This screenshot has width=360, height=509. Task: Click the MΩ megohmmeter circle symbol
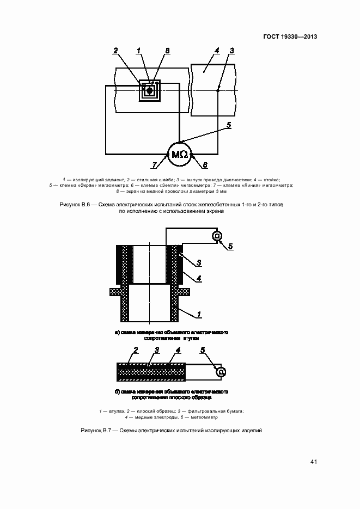tap(179, 155)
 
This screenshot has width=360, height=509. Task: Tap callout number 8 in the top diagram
tap(168, 51)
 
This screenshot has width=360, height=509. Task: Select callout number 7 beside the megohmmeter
tap(155, 164)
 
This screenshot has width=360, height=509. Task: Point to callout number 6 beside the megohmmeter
tap(205, 164)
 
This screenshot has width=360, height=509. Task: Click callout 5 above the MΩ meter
tap(229, 125)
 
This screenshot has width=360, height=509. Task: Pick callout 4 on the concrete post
tap(217, 51)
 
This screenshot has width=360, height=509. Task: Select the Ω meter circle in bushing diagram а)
tap(216, 236)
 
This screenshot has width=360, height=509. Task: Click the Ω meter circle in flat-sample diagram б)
tap(221, 372)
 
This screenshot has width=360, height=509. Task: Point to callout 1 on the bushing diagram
tap(200, 314)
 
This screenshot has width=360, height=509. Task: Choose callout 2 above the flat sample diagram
tap(136, 349)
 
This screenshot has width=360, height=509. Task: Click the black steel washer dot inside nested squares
tap(149, 90)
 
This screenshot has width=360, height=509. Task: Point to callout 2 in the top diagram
tap(115, 51)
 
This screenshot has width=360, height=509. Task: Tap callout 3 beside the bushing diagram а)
tap(199, 263)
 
